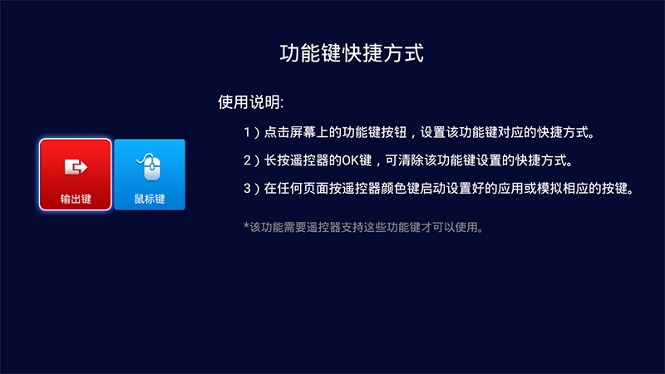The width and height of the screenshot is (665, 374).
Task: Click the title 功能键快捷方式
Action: [x=351, y=55]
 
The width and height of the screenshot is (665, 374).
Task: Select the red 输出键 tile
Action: [x=75, y=175]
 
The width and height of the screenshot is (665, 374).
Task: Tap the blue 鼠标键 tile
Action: [x=150, y=175]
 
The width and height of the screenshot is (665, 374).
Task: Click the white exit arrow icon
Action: [x=75, y=167]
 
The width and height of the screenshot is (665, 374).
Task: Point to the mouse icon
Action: [x=150, y=166]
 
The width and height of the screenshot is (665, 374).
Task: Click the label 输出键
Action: [x=75, y=200]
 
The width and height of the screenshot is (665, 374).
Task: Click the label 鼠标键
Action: [x=150, y=200]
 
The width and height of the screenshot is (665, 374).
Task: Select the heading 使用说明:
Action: [x=251, y=103]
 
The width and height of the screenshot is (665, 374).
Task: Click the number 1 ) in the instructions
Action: [x=250, y=132]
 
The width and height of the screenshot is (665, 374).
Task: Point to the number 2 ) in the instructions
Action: [x=250, y=160]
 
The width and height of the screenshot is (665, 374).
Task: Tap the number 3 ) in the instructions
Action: [x=250, y=188]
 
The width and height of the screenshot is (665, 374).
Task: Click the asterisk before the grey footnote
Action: [x=246, y=225]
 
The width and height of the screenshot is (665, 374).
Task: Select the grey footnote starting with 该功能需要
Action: [x=366, y=226]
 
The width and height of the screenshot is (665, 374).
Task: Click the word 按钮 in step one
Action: [x=392, y=132]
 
